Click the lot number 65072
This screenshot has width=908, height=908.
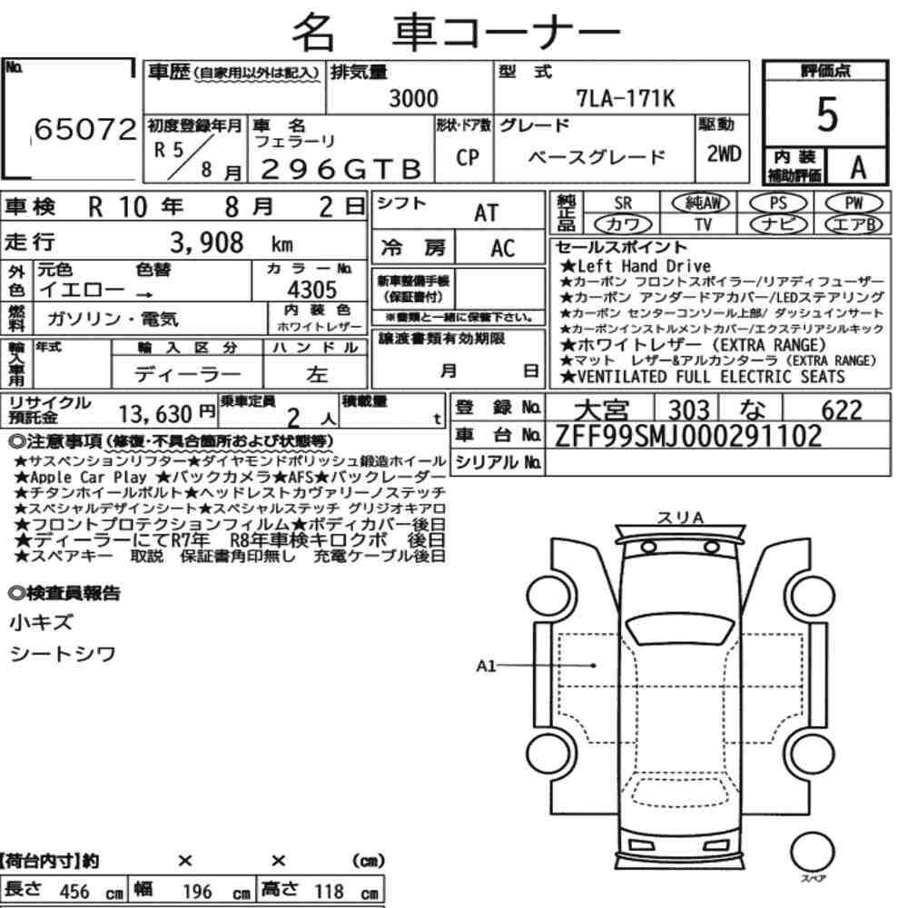pos(85,129)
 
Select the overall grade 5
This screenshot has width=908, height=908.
pos(827,114)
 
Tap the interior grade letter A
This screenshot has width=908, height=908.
pos(858,168)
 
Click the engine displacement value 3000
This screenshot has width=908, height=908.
pos(413,98)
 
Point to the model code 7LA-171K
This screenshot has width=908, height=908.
pos(626,98)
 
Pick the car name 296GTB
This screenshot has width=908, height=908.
pos(341,169)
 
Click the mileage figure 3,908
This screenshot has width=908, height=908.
pos(207,242)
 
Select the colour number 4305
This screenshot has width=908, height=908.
pos(312,290)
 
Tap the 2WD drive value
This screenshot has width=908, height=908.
pos(724,154)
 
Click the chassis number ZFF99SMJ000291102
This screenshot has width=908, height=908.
pos(688,436)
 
